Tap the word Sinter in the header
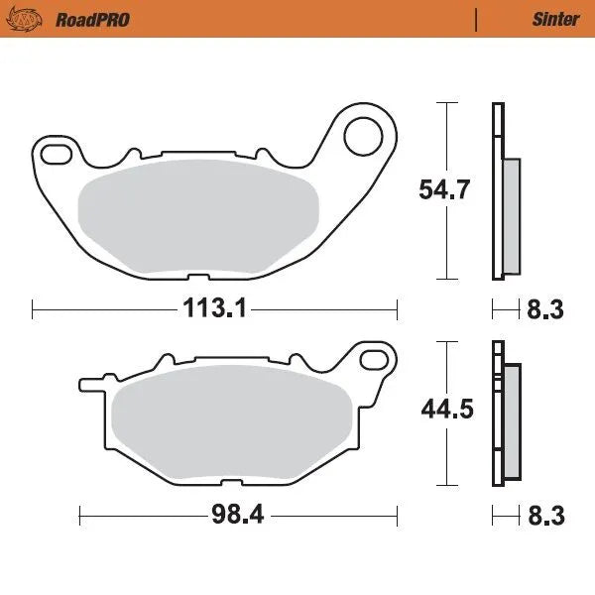pyautogui.click(x=549, y=19)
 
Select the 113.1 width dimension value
pyautogui.click(x=213, y=309)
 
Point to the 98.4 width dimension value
pyautogui.click(x=239, y=515)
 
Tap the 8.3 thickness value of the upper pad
pyautogui.click(x=544, y=309)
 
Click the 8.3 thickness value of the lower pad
pyautogui.click(x=544, y=515)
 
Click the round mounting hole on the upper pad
pyautogui.click(x=365, y=136)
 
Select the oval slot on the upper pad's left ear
pyautogui.click(x=57, y=152)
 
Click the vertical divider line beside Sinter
pyautogui.click(x=477, y=19)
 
